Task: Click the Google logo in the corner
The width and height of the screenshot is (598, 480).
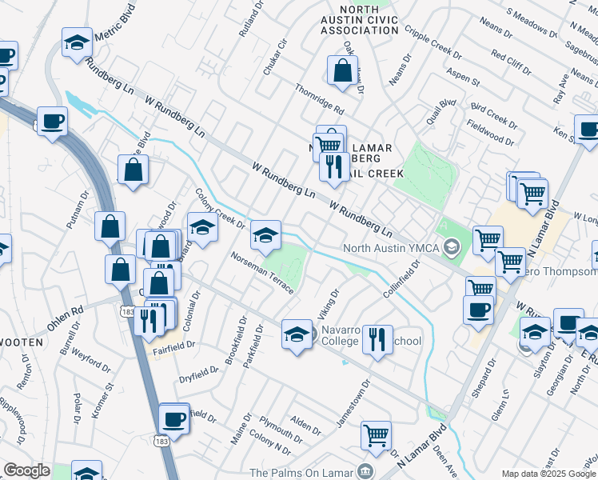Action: coord(26,470)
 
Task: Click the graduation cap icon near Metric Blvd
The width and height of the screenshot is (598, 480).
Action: coord(78,45)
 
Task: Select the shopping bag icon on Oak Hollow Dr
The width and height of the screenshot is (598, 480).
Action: coord(342,70)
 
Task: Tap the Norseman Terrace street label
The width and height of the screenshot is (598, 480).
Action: coord(262,273)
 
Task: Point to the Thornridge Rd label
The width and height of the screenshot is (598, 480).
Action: coord(319,98)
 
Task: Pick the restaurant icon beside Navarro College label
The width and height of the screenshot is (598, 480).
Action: coord(377,339)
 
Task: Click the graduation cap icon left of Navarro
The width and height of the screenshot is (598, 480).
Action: coord(297,334)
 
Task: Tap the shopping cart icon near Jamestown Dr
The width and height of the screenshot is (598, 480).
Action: coord(376,435)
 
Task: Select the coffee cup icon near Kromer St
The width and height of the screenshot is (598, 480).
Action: coord(173,418)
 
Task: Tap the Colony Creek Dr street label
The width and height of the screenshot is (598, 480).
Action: coord(221,208)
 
